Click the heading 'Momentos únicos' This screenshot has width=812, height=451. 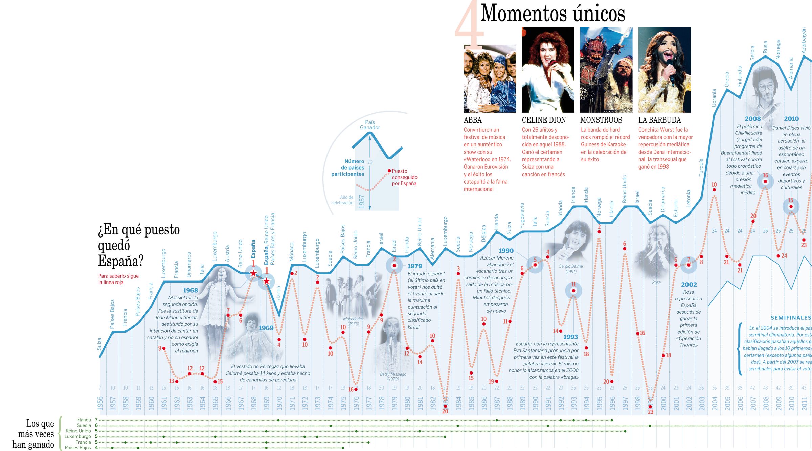(552, 14)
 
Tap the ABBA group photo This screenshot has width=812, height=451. (490, 79)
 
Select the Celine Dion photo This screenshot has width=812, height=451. (548, 70)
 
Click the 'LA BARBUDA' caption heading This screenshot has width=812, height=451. (659, 120)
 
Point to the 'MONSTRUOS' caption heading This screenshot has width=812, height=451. (601, 120)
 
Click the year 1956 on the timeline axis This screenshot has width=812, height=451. (100, 403)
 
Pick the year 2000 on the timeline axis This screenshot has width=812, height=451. (663, 403)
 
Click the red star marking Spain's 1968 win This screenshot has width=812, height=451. (253, 273)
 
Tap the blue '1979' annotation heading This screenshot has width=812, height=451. (414, 266)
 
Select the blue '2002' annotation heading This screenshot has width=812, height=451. (689, 285)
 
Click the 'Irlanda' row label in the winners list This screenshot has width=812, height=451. (84, 420)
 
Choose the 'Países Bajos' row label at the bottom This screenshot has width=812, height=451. (78, 448)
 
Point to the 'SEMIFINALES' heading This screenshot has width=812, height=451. (791, 318)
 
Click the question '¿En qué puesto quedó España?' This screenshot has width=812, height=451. (139, 245)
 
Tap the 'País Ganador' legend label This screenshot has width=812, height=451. (370, 125)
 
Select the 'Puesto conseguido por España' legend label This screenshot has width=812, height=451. (404, 177)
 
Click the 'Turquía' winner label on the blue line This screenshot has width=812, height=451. (701, 167)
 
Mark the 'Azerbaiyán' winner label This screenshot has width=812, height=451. (804, 41)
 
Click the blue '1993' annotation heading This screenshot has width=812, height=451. (570, 337)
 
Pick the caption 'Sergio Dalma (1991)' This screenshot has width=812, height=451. (571, 269)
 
